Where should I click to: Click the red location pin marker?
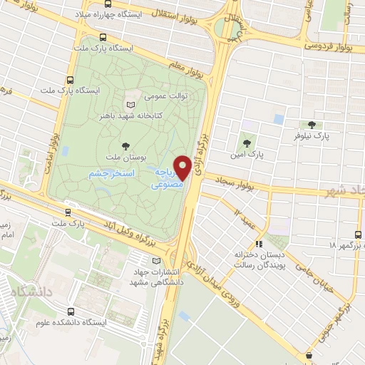[x=182, y=168]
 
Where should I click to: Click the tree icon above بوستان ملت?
[x=126, y=143]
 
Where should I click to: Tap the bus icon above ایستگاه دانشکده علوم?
[x=69, y=312]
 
